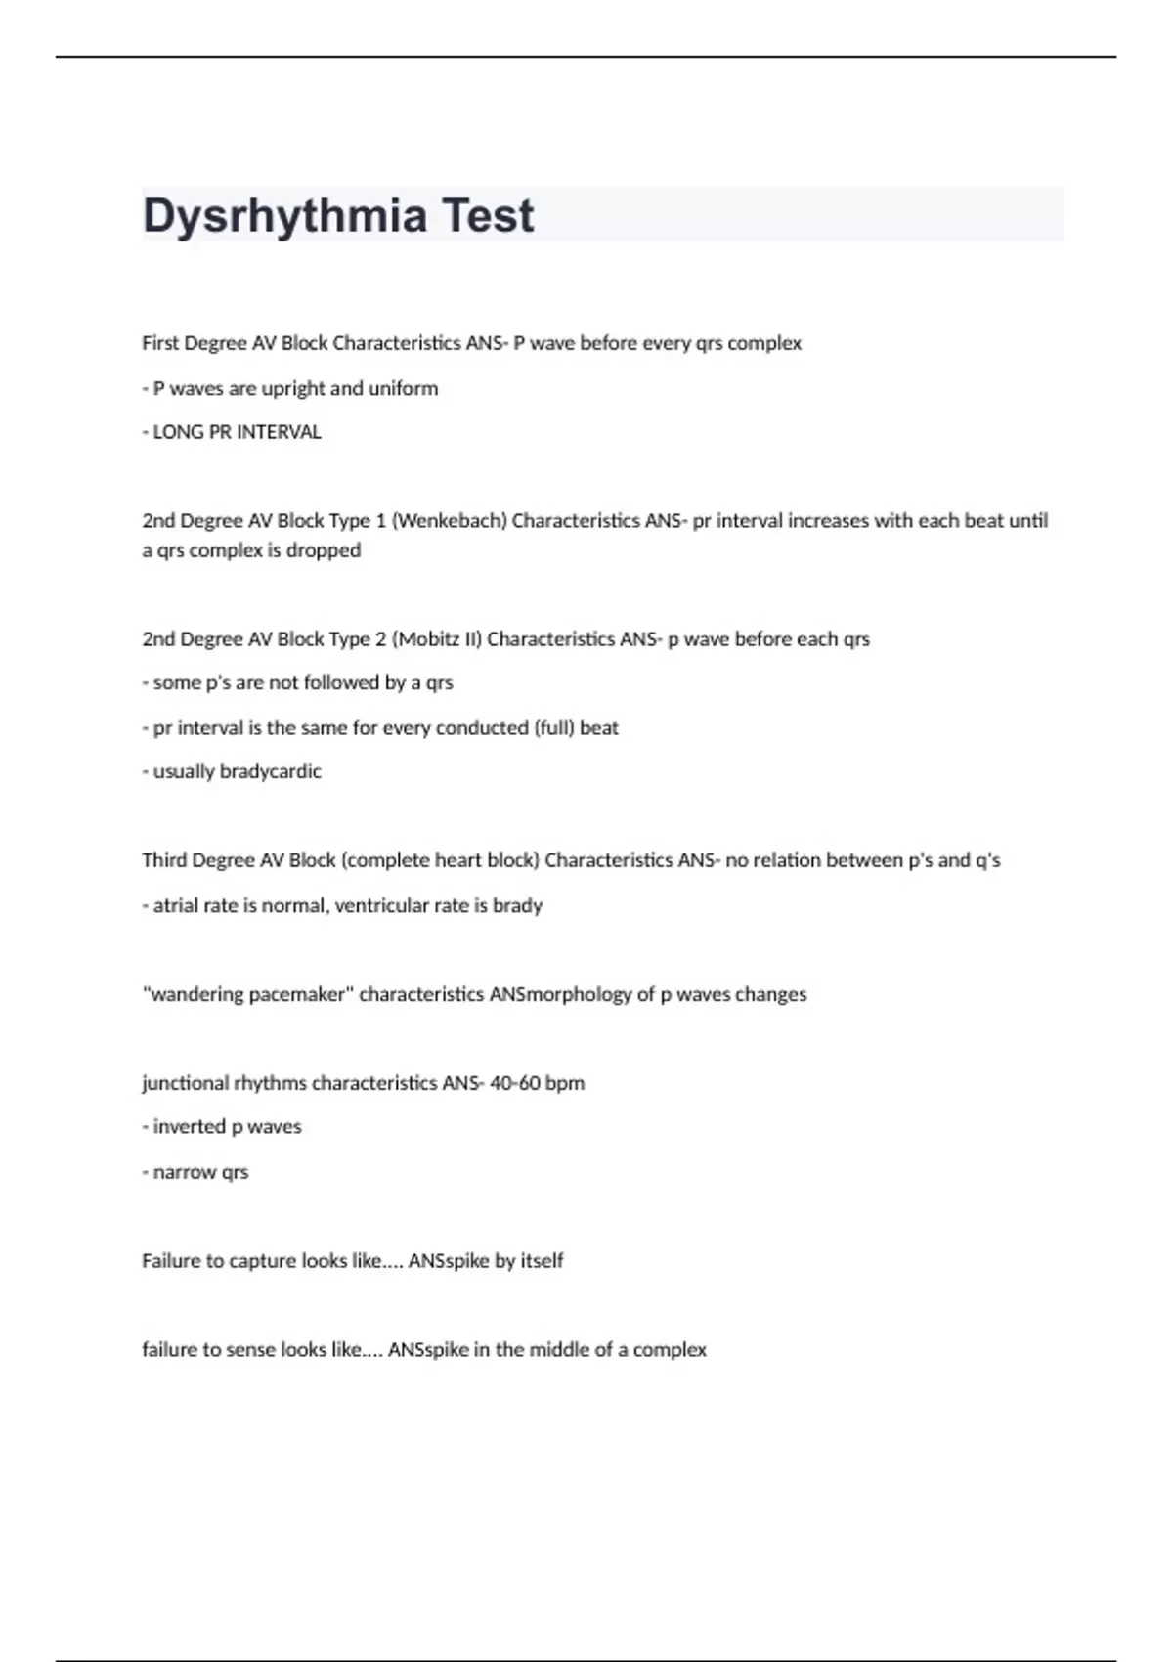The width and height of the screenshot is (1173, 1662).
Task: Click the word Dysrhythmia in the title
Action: coord(284,216)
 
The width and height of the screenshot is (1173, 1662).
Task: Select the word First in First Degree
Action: coord(160,343)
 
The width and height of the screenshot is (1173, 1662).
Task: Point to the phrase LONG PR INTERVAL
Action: coord(237,432)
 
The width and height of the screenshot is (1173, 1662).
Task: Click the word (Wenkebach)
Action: coord(450,521)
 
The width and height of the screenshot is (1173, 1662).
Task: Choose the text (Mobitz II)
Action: coord(437,639)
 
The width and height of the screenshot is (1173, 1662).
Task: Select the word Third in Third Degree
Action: coord(164,860)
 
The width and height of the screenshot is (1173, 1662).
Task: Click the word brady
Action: coord(517,905)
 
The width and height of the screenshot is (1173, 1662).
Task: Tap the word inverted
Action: coord(189,1127)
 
